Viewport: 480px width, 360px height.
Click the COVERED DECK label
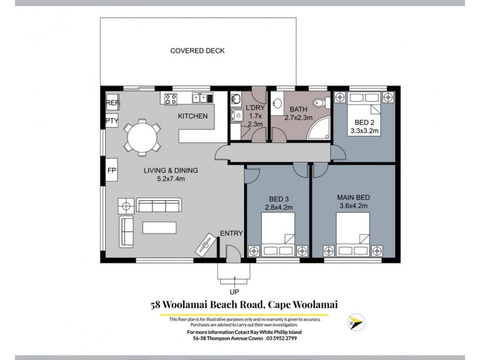pos(197,51)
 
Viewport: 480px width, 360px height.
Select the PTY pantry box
pos(112,121)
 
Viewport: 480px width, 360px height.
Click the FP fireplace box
pos(112,170)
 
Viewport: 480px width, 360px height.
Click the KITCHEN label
pos(193,116)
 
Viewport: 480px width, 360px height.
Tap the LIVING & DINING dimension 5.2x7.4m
pos(170,179)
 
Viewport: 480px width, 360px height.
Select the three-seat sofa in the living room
pos(159,206)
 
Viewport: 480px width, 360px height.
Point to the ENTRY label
pos(231,233)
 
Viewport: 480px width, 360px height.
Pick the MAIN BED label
pos(353,197)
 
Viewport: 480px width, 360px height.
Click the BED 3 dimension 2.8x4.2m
pos(278,208)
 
